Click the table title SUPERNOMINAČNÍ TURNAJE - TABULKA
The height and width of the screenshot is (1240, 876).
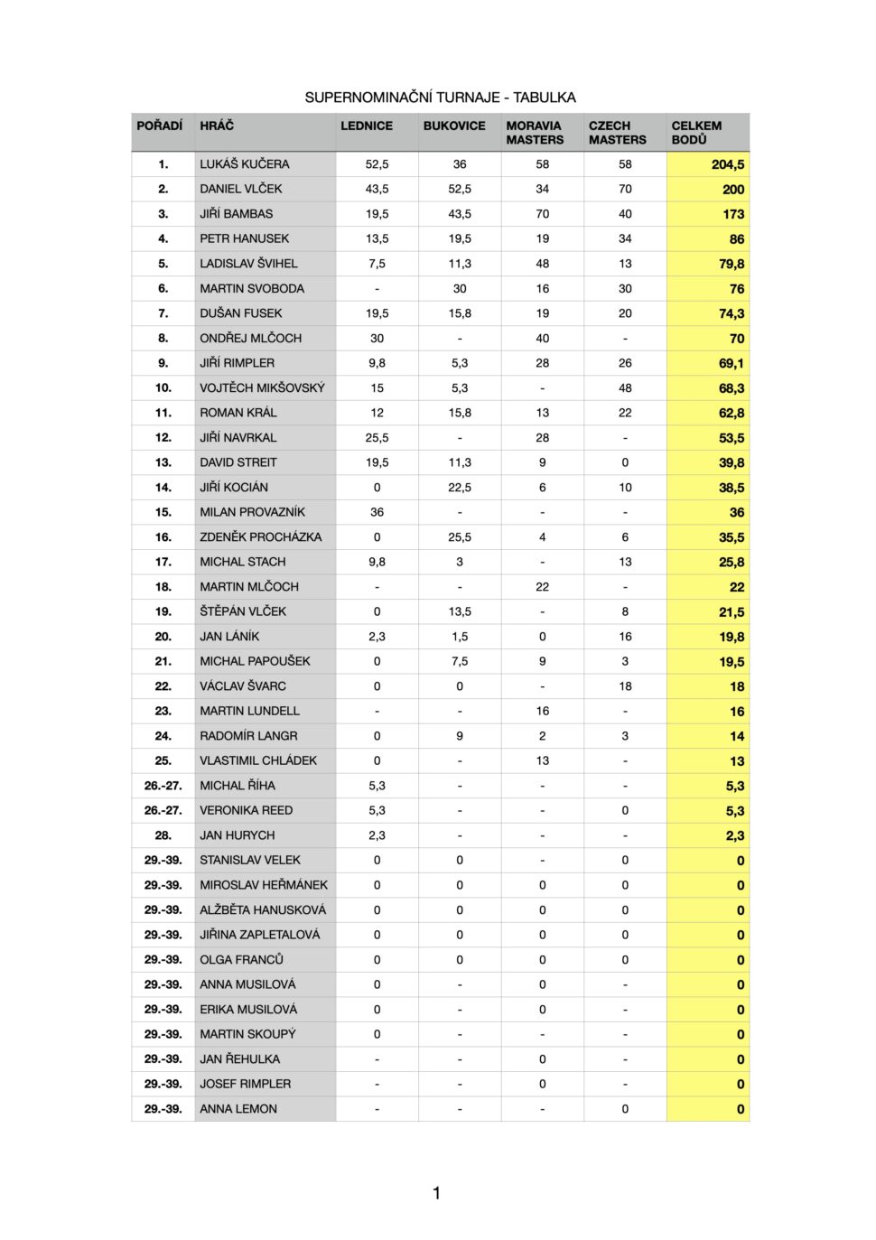tap(440, 98)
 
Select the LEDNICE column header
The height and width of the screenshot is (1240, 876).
tap(367, 126)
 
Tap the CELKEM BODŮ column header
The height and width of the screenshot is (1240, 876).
tap(696, 133)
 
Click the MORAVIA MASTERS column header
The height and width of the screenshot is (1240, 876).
tap(535, 133)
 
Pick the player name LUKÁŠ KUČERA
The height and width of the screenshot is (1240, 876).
tap(245, 164)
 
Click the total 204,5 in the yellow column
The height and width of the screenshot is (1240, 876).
tap(727, 164)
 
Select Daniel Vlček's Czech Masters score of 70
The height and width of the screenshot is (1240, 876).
tap(625, 189)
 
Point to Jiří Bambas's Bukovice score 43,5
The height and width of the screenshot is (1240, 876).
tap(460, 214)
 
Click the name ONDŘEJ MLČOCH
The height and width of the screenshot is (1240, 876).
tap(251, 338)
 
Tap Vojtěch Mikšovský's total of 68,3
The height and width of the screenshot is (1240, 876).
tap(731, 388)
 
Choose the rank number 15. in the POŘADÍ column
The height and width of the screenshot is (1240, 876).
tap(163, 512)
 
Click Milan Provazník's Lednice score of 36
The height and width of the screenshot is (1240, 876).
tap(377, 512)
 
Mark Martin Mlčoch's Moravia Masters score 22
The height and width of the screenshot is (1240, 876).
tap(542, 586)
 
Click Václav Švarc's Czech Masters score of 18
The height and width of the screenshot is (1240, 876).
tap(625, 686)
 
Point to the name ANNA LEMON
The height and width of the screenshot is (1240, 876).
tap(238, 1109)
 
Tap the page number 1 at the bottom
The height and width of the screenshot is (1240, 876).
tap(437, 1193)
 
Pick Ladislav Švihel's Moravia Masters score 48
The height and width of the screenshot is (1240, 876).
tap(542, 264)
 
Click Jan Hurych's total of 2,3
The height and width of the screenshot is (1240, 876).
tap(734, 835)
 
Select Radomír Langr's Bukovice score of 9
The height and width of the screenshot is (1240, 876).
tap(460, 736)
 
